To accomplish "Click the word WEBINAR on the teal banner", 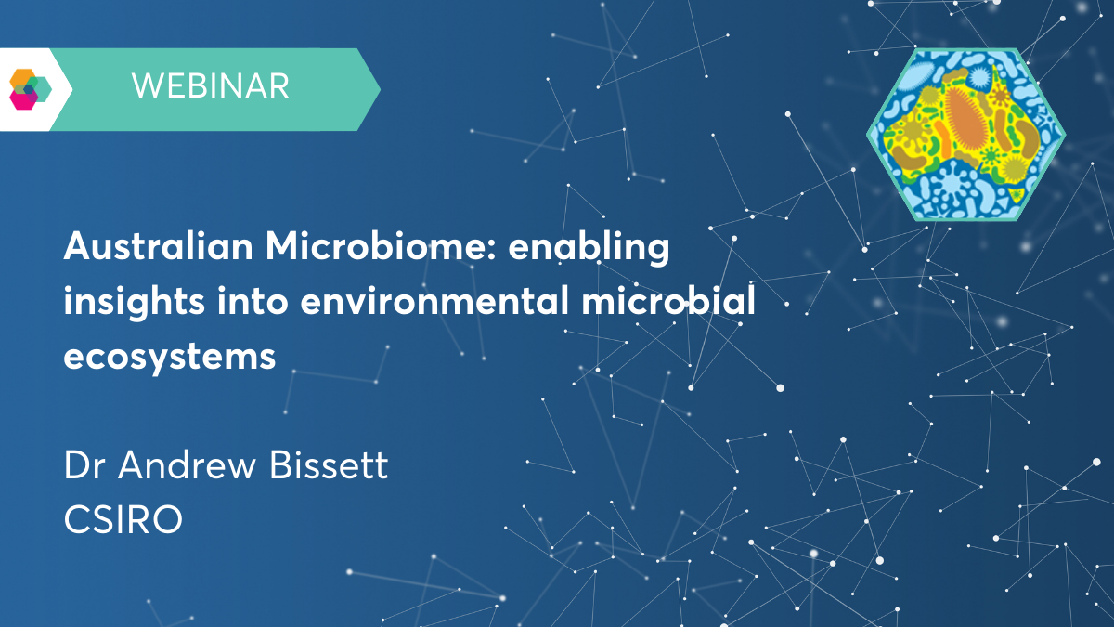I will coord(210,87).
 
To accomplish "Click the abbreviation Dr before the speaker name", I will coord(84,465).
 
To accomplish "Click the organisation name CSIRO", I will coord(123,519).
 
